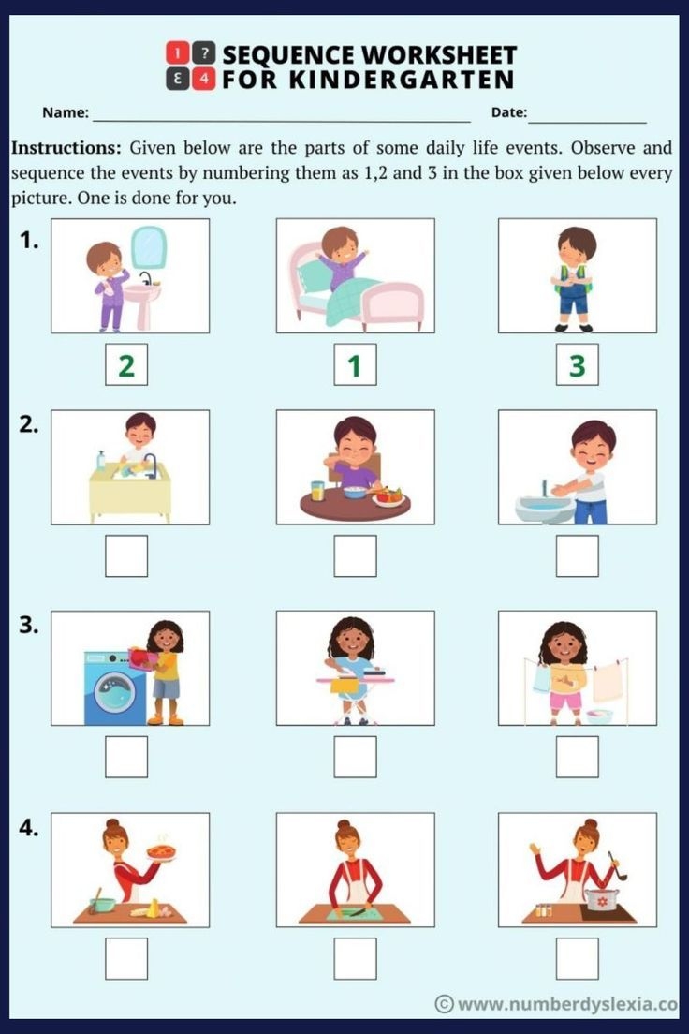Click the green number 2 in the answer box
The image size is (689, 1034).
click(x=126, y=365)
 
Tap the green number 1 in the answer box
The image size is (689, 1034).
click(x=355, y=365)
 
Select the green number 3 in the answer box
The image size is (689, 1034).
click(x=577, y=365)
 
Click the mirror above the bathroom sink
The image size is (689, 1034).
click(x=148, y=247)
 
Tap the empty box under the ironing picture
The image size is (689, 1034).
click(x=355, y=757)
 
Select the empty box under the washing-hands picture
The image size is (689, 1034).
click(x=577, y=556)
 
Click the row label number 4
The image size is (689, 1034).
click(x=29, y=828)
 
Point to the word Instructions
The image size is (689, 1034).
click(x=66, y=148)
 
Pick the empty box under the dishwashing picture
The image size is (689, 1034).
click(x=126, y=556)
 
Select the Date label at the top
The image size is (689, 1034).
click(x=509, y=113)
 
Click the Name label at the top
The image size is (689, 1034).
click(x=66, y=113)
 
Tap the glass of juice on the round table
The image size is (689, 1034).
click(x=317, y=491)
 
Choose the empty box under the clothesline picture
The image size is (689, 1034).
click(x=577, y=757)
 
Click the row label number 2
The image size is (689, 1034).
click(x=29, y=424)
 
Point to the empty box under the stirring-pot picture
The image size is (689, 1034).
click(x=577, y=958)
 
